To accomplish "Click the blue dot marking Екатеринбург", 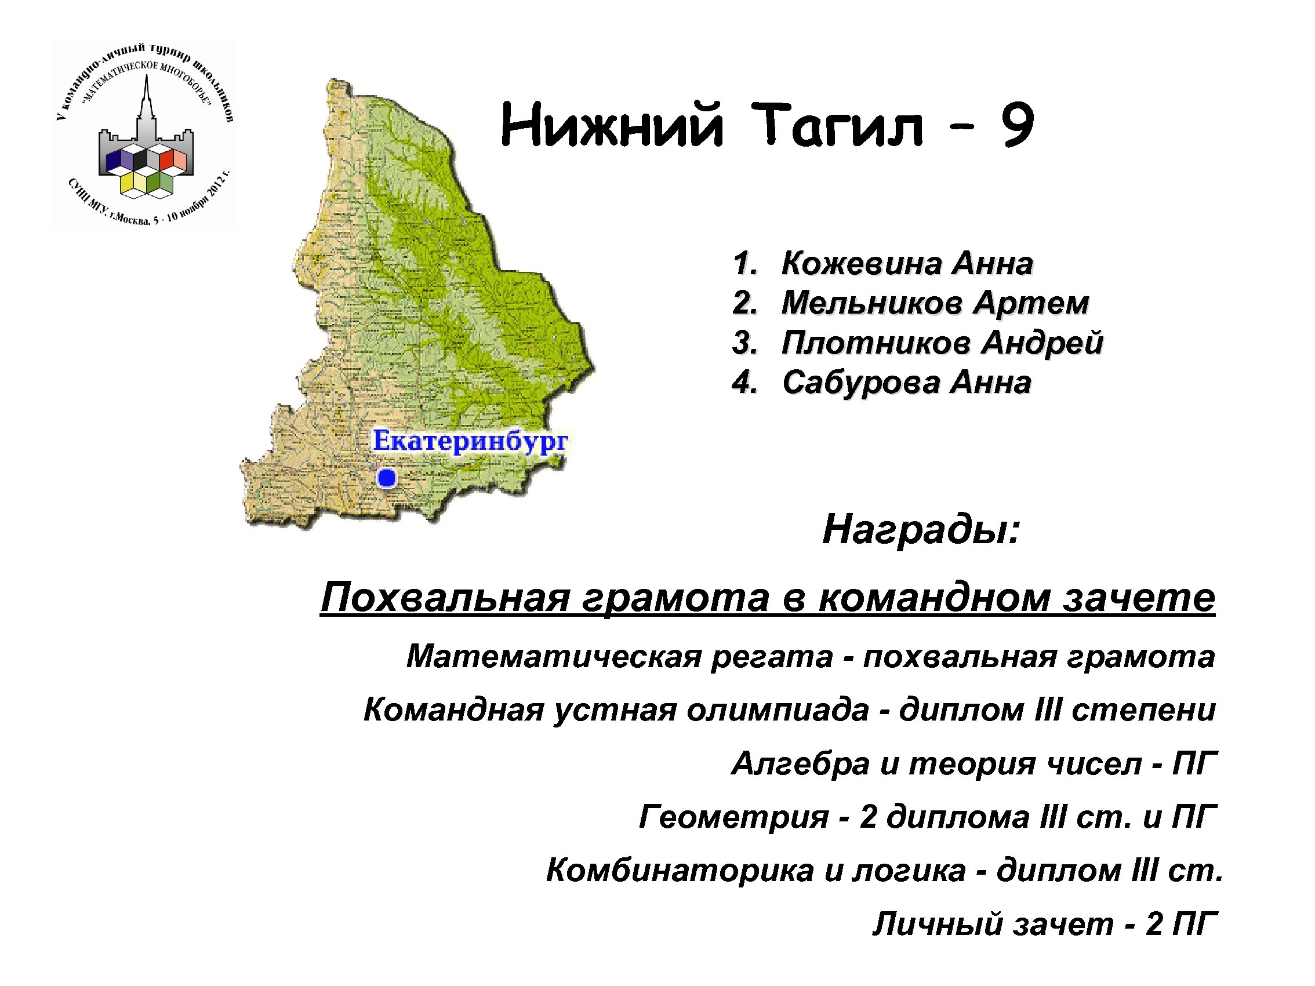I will point(387,477).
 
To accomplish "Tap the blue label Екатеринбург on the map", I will point(470,441).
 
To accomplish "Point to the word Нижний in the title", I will point(612,125).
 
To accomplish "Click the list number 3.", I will point(744,343).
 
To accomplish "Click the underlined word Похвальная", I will point(445,597).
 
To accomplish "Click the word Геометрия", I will point(733,817).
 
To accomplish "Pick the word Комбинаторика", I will point(680,871).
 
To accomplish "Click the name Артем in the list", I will point(1030,303).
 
